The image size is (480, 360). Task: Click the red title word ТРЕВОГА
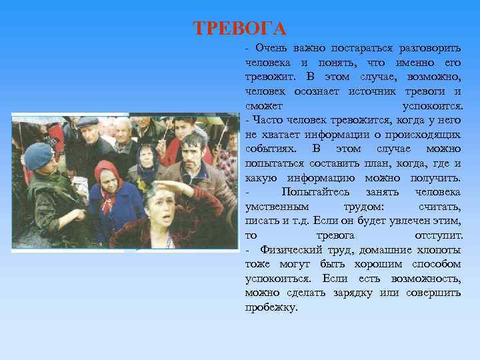(239, 29)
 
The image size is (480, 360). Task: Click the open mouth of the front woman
(163, 219)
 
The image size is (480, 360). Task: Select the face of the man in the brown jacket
(193, 151)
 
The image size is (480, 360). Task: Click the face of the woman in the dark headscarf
(146, 160)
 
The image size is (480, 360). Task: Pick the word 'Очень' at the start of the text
(270, 48)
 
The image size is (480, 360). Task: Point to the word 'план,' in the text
(385, 163)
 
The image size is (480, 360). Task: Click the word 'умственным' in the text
(275, 207)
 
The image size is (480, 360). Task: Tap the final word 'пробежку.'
(271, 308)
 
